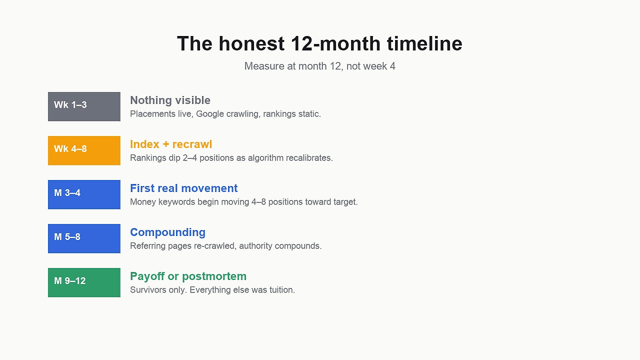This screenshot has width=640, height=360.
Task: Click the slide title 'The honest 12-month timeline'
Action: [319, 43]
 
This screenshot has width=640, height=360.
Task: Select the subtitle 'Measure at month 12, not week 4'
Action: [319, 66]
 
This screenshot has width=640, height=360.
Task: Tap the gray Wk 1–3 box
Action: [84, 106]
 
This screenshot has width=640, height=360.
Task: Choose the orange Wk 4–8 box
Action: [84, 150]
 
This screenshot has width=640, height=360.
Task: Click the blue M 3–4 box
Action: [84, 194]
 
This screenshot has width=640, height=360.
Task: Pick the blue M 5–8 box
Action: [84, 238]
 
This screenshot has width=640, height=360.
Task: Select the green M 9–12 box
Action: [84, 282]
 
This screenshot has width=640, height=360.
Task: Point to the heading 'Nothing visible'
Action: [170, 100]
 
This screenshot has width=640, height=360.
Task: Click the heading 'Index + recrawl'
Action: [171, 144]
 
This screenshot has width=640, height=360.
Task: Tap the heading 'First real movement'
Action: [183, 188]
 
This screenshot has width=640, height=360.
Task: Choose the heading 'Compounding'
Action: [167, 232]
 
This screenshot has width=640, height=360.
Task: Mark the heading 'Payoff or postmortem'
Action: [188, 276]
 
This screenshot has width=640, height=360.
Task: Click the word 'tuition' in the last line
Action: [282, 290]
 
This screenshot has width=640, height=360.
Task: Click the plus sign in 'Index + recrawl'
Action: [165, 144]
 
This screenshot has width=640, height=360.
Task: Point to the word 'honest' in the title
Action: [251, 43]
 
